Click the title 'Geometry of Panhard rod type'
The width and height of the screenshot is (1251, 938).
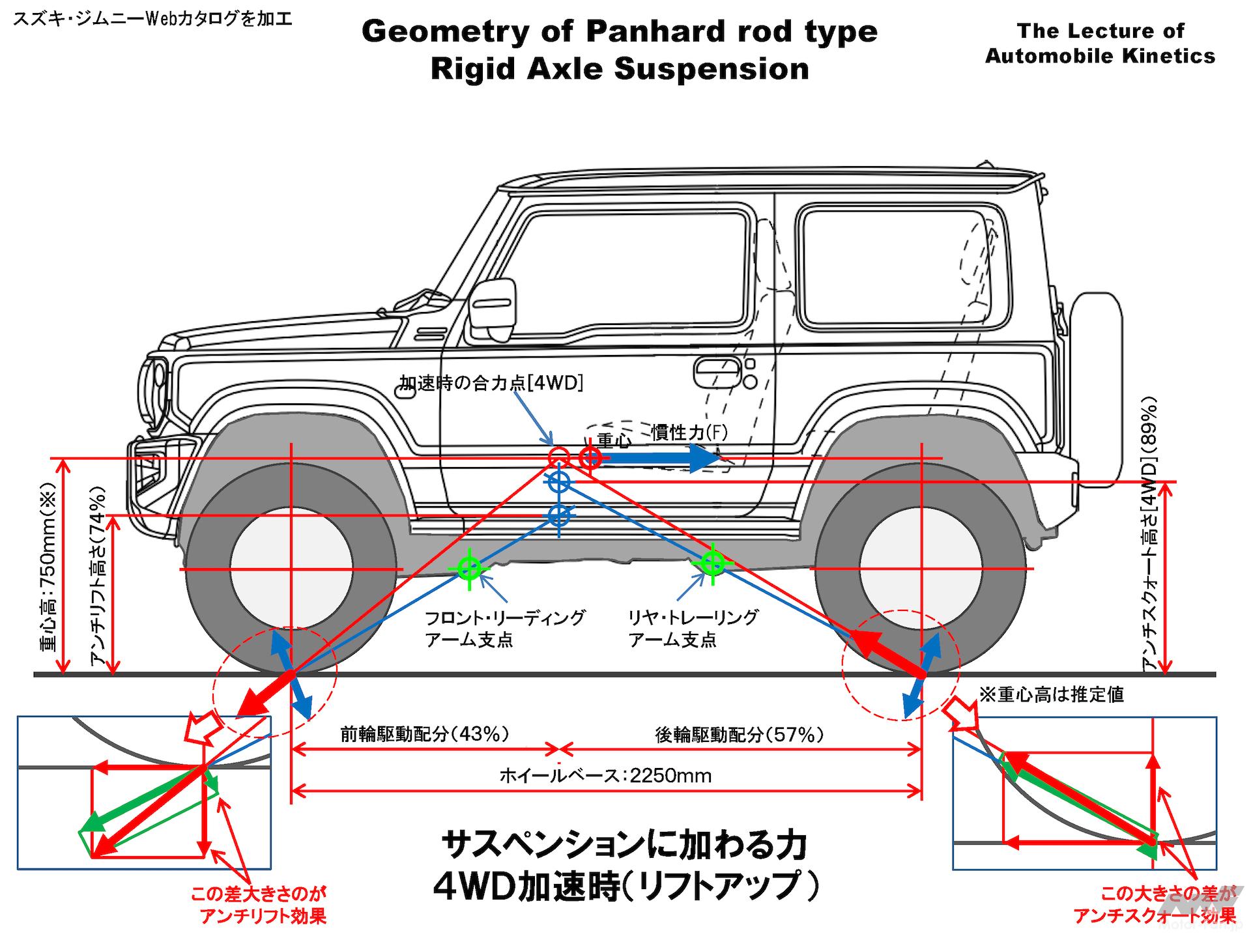619,31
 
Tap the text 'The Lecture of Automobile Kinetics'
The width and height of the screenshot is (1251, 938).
1100,43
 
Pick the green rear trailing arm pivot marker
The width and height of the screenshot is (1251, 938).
712,561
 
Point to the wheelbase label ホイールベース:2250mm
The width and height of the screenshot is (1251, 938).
605,775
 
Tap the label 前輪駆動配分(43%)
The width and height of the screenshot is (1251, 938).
424,734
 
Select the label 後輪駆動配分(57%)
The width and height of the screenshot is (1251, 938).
739,735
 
